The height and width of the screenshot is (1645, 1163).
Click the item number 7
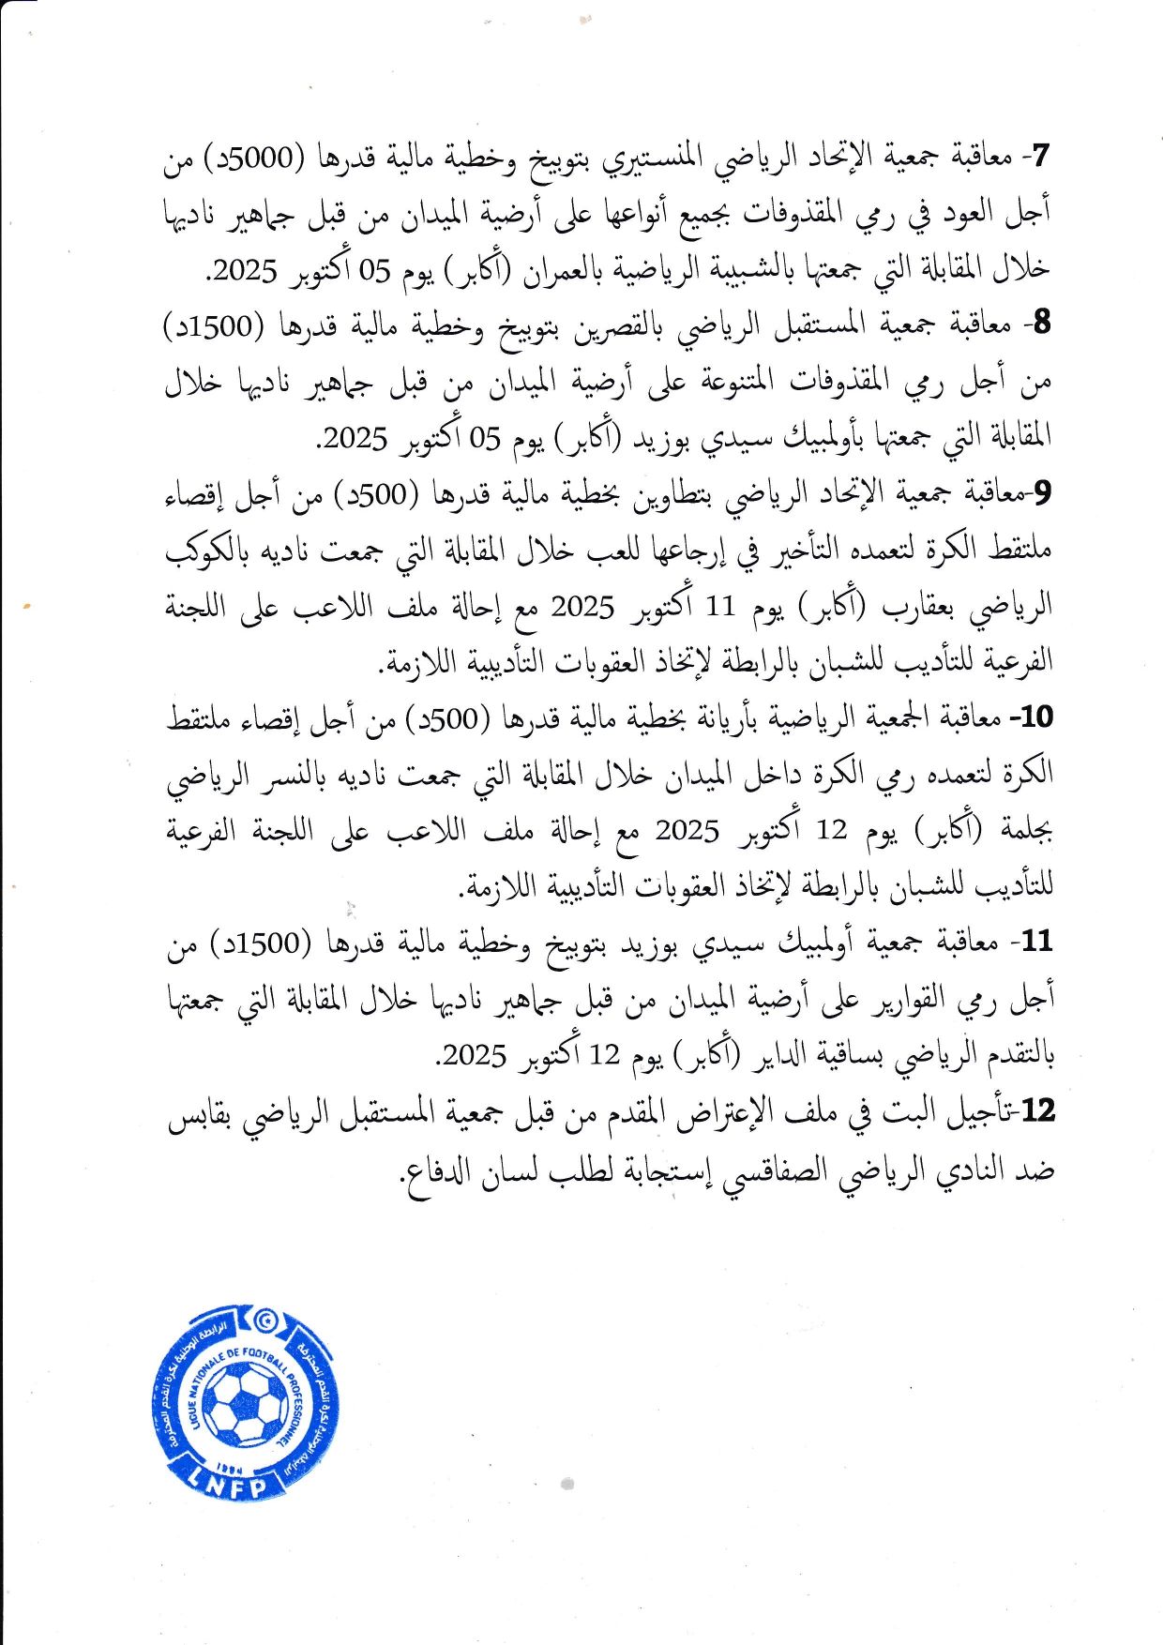tap(1040, 156)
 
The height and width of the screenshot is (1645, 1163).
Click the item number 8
tap(1040, 324)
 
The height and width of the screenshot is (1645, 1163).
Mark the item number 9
tap(1041, 491)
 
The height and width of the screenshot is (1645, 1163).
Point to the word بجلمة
tap(1029, 831)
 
